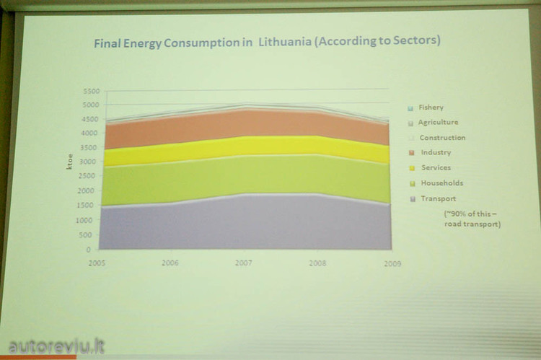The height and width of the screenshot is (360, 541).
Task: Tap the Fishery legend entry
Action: [x=431, y=107]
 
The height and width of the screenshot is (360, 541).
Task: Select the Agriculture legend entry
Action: [x=438, y=123]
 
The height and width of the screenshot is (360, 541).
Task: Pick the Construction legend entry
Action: [x=442, y=137]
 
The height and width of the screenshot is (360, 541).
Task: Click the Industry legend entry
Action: [x=436, y=152]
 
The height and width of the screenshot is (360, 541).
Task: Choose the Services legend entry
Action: [x=436, y=167]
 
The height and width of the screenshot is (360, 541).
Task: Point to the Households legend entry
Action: [x=441, y=183]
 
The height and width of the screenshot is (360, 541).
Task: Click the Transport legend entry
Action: [x=438, y=198]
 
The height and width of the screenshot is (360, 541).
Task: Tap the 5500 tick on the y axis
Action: [x=92, y=91]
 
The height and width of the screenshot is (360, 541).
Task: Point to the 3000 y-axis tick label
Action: [x=92, y=162]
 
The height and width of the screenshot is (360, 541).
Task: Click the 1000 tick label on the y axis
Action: [x=92, y=220]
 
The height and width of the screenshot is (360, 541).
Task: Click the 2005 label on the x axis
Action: [x=97, y=263]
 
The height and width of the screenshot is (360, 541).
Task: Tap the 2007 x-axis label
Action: [x=243, y=263]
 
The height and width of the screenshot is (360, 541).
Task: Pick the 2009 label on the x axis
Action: [x=391, y=264]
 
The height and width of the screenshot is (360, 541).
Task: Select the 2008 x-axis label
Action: [x=317, y=263]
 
